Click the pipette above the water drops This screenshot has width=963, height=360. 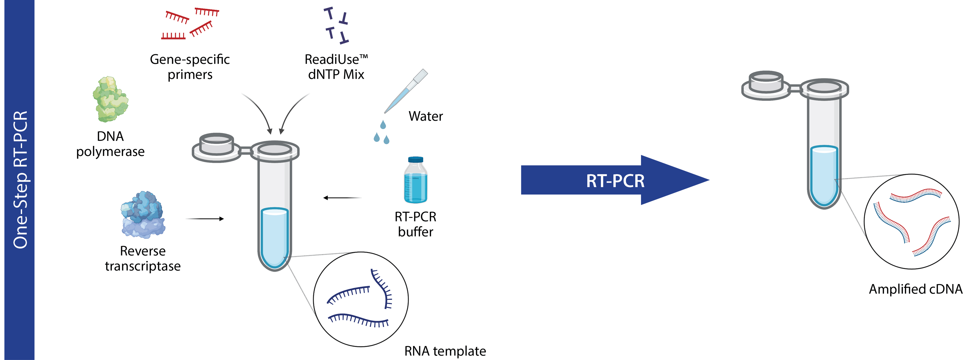pos(406,91)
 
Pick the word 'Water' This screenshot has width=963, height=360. pos(425,116)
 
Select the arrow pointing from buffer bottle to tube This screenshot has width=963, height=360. pos(342,198)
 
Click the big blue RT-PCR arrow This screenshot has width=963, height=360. pos(615,180)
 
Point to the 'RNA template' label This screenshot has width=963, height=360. pos(445,351)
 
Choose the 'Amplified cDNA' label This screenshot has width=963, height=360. pos(915,289)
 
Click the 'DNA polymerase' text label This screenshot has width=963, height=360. pos(110,144)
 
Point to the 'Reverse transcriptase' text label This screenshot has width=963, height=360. pos(143,258)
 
